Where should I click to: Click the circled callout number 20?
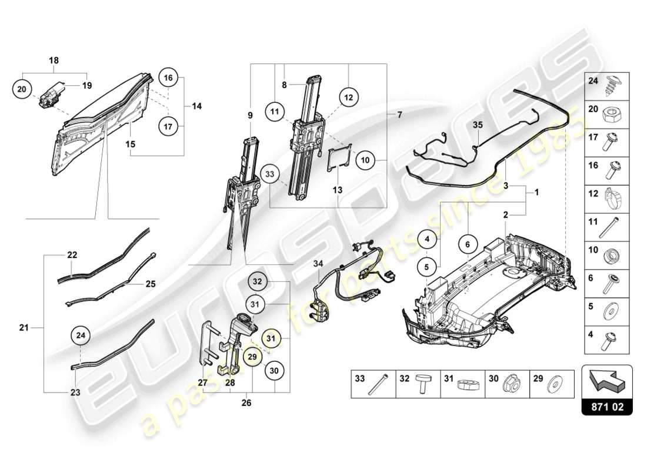(21, 89)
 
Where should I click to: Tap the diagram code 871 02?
(606, 406)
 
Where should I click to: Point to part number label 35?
(477, 125)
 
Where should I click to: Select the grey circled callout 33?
(270, 174)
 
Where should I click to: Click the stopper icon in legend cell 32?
(420, 384)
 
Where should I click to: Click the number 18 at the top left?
(54, 61)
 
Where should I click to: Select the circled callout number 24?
(81, 336)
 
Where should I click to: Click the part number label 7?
(400, 115)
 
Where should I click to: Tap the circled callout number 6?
(468, 244)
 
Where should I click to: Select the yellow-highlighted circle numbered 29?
(252, 356)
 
